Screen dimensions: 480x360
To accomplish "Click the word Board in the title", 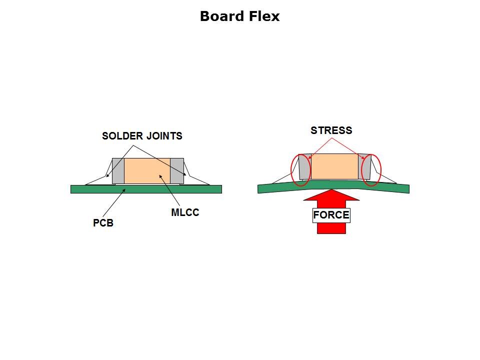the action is [x=222, y=16].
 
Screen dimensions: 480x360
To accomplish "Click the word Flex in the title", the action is [x=264, y=16].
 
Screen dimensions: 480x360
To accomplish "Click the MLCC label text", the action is [x=185, y=212].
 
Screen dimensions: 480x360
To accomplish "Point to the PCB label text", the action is [x=103, y=223].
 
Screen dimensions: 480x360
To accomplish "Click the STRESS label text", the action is [x=331, y=130].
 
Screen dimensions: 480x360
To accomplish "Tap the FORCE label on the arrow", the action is [x=331, y=215].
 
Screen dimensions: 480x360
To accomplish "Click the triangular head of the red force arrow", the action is [x=331, y=195].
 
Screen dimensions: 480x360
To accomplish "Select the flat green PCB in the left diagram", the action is [x=146, y=189].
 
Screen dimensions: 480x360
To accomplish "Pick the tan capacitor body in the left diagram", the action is [x=147, y=171].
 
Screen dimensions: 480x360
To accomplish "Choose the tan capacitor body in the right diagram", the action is [x=334, y=166].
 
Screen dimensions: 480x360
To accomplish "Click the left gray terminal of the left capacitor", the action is [x=118, y=171].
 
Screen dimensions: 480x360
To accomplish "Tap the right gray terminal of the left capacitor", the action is [x=177, y=171].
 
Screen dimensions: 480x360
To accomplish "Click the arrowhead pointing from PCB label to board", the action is [x=124, y=190].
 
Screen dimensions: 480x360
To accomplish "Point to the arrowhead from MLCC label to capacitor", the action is [x=160, y=176].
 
